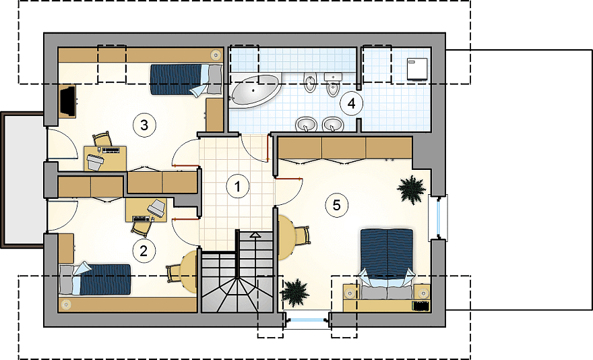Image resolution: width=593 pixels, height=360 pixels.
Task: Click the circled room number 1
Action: point(237,186)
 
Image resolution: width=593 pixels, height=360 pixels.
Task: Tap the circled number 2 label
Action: point(144,251)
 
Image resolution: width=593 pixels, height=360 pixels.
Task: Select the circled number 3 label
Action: point(144,125)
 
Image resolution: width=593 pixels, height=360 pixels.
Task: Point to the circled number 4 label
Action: point(352,103)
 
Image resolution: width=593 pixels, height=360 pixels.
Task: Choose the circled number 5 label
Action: point(336,205)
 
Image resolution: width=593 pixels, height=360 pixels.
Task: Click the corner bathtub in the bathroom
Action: point(255,90)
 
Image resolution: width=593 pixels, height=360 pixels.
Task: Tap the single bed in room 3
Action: point(186,79)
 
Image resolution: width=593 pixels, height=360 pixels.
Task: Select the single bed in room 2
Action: point(95,279)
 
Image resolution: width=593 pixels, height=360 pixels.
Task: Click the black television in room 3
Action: point(68,100)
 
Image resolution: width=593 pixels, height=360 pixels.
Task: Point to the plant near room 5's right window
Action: point(411,189)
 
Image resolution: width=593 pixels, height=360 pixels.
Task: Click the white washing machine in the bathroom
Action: point(416,69)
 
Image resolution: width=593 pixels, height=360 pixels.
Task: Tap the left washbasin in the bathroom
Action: point(306,124)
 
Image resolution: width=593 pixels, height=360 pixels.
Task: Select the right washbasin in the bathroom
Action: point(333,124)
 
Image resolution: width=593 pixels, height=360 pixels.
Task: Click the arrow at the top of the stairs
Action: point(255,235)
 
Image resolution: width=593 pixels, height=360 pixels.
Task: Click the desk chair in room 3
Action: point(102,140)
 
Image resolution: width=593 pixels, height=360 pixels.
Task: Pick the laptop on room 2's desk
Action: point(157,208)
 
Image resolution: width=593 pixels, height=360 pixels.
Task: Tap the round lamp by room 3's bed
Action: point(215,54)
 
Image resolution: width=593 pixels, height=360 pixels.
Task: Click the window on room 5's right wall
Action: point(438,218)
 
